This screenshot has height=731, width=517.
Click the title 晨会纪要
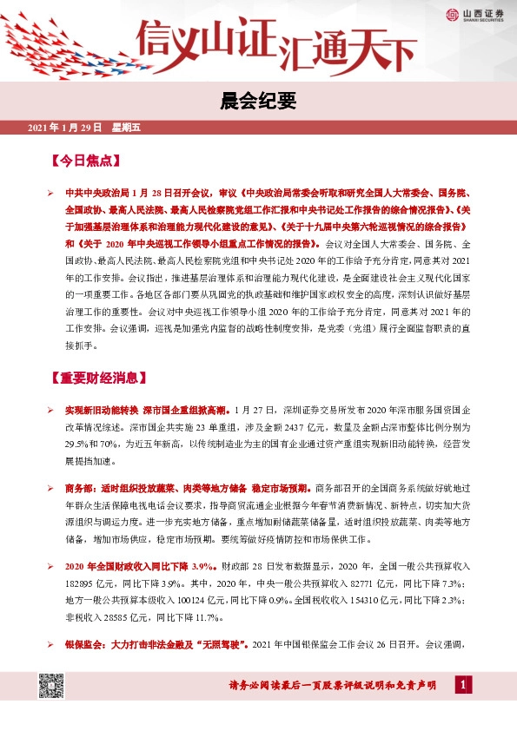(259, 102)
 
